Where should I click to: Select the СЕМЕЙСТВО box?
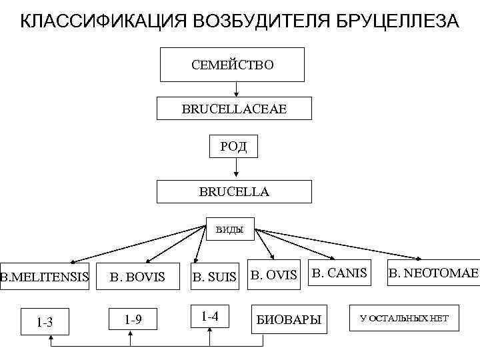pos(233,65)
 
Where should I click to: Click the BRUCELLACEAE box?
pos(234,108)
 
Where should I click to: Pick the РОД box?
pos(233,146)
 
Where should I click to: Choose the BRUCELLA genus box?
pos(234,191)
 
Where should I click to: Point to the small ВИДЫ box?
pos(229,230)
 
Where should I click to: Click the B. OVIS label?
pos(273,275)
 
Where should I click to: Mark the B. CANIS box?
pos(340,272)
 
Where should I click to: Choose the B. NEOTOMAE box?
pos(433,272)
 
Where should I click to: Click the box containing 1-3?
pos(45,322)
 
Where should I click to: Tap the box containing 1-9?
pos(133,319)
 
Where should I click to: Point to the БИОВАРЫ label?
pos(289,320)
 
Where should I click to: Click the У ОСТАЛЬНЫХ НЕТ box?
pos(405,319)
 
